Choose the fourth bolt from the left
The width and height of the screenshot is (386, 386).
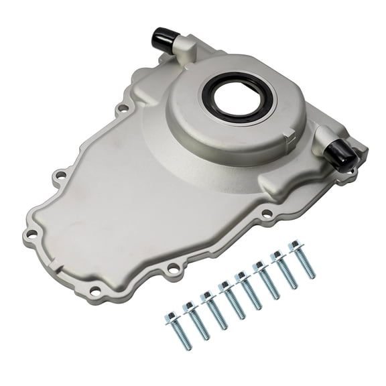click(233, 302)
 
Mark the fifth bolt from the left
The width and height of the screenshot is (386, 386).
click(251, 291)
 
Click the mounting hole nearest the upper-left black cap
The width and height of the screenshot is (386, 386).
click(123, 107)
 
